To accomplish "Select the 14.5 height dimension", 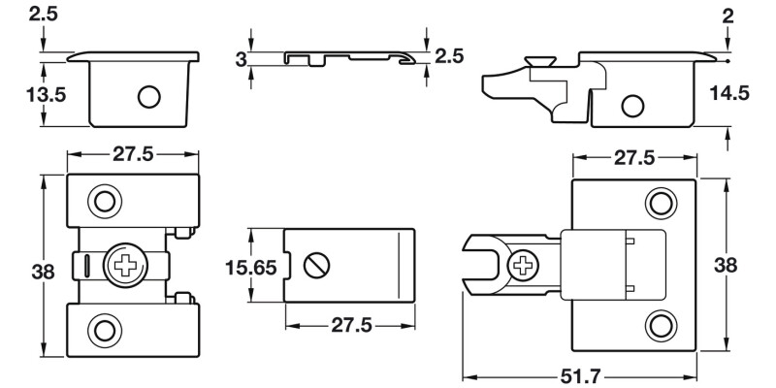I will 728,93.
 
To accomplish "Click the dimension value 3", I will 241,60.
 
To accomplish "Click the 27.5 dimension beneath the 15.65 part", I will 350,325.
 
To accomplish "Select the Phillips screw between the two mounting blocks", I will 126,264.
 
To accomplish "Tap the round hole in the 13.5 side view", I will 148,97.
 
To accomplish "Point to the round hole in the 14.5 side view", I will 633,105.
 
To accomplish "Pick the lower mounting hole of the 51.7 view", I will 661,325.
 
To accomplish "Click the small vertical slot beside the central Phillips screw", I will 86,264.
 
